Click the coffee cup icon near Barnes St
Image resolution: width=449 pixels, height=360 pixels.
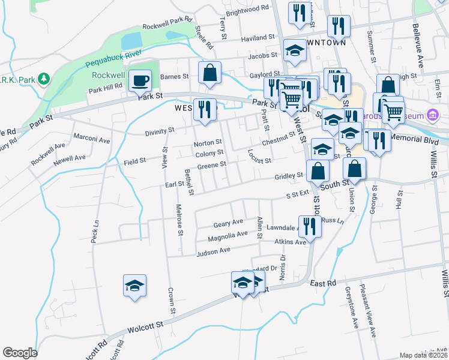coord(140,80)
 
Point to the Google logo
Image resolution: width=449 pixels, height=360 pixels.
coord(20,352)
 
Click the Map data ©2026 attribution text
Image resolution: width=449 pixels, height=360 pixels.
coord(423,355)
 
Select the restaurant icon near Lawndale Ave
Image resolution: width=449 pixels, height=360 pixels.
coord(309,226)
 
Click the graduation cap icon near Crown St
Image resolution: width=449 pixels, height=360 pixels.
coord(134,285)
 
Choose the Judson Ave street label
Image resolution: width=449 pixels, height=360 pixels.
coord(214,251)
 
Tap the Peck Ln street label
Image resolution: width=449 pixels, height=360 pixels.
coord(95,230)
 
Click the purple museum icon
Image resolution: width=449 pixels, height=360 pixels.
coord(432,115)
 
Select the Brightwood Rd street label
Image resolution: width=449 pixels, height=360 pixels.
coord(247,10)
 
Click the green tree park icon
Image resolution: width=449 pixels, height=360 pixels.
coord(43,79)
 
